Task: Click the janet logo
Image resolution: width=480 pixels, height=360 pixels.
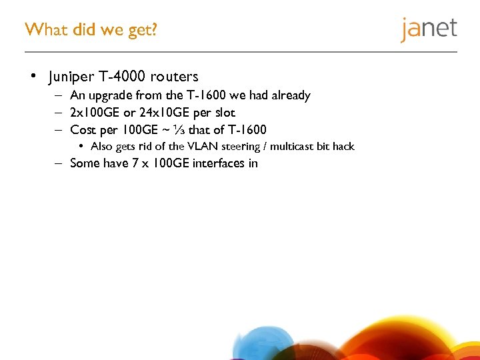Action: pos(429,29)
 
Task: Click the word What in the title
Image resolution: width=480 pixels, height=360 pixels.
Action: pos(43,29)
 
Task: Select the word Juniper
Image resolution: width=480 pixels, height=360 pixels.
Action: pos(73,77)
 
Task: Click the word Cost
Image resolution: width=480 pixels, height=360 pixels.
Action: pos(83,129)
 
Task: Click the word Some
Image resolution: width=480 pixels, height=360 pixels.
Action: pos(85,163)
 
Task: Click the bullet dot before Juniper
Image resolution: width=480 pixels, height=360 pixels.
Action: pos(33,76)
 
